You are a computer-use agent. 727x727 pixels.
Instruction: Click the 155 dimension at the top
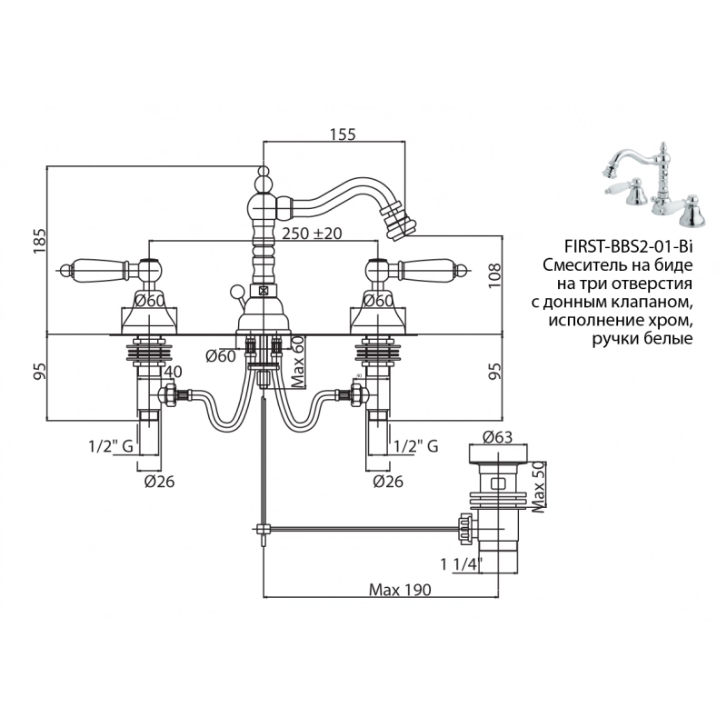(342, 134)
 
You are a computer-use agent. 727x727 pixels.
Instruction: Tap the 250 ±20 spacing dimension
(312, 234)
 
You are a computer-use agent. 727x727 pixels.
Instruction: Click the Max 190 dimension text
(399, 589)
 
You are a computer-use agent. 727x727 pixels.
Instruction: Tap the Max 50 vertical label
(537, 485)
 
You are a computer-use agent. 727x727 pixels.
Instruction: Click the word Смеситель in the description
(583, 265)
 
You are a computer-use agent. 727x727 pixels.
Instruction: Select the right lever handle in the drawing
(428, 268)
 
